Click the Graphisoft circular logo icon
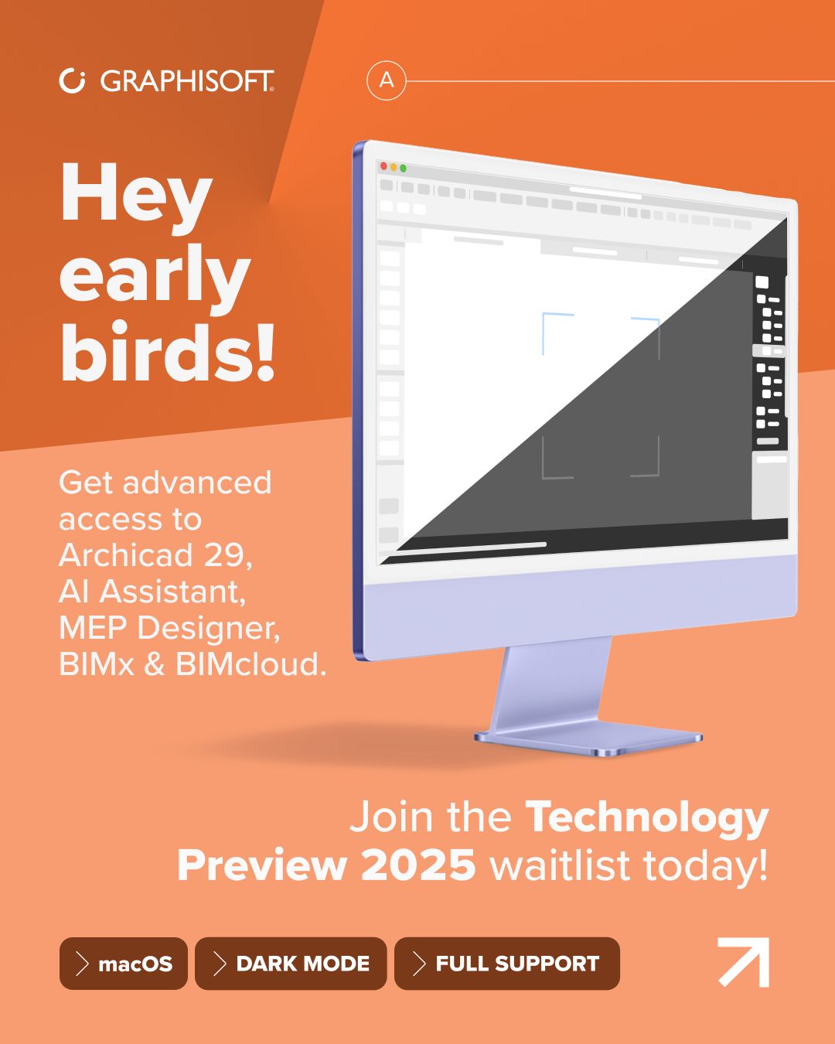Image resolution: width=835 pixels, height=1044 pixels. coord(72,80)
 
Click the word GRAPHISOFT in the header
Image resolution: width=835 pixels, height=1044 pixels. coord(187,81)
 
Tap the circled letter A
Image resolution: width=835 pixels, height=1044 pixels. coord(387,80)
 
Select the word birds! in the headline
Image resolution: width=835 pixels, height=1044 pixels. coord(168,353)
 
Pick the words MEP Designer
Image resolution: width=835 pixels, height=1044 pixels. coord(169,628)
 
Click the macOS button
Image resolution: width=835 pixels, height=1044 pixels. coord(124,964)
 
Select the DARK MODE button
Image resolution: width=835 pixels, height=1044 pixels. coord(291,964)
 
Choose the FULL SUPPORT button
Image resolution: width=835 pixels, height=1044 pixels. coord(507,964)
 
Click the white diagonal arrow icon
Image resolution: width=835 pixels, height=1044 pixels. coord(743,962)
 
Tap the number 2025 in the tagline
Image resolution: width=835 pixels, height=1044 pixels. coord(417,865)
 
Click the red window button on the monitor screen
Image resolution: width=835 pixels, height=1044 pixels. coord(383,166)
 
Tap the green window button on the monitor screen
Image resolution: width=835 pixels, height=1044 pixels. coord(403,169)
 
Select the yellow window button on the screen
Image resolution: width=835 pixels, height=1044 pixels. coord(393,167)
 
